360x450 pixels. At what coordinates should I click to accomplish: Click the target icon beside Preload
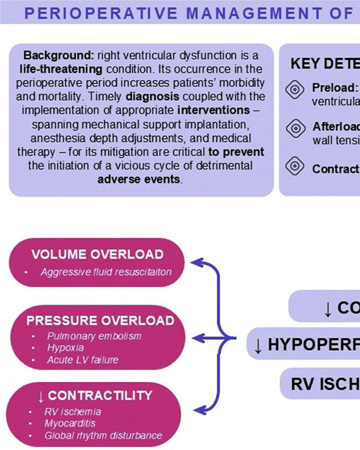[295, 89]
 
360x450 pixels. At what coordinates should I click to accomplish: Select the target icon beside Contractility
[295, 165]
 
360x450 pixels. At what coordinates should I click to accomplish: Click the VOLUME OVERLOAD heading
[97, 255]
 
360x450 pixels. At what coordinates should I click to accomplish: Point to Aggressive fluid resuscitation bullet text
[106, 272]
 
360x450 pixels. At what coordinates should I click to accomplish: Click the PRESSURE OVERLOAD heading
[100, 321]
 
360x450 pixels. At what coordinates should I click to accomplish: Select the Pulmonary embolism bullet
[94, 336]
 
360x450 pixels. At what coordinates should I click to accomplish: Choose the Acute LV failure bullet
[82, 360]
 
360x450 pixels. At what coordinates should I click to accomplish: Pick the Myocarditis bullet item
[70, 424]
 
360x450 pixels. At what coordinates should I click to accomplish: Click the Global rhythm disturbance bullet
[103, 436]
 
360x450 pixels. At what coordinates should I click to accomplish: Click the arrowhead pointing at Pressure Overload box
[197, 339]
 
